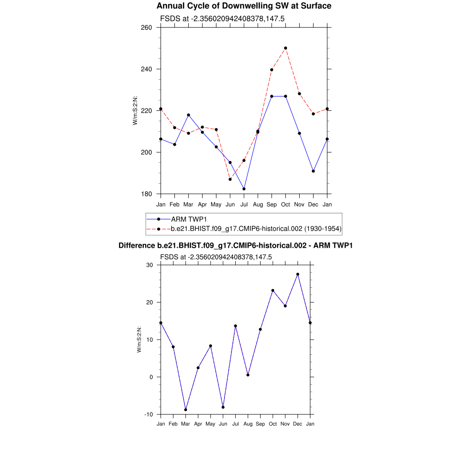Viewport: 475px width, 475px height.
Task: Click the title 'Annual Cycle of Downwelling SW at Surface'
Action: (244, 6)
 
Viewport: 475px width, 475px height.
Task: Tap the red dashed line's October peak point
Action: (285, 48)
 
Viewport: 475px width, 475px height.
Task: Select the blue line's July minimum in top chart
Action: (244, 189)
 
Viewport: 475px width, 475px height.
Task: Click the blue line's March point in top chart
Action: (188, 115)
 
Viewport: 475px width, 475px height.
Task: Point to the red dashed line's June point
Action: (230, 179)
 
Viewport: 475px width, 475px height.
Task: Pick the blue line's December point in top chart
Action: (313, 171)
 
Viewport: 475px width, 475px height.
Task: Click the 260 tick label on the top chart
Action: (147, 27)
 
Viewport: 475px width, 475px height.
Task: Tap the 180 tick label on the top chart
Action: (147, 194)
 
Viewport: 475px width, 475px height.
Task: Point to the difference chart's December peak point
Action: (298, 274)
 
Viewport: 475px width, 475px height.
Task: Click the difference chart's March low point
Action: (186, 410)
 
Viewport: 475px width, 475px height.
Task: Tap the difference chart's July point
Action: (236, 326)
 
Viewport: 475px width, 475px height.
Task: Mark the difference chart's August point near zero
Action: (248, 375)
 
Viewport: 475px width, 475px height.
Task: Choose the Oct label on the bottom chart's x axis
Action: (273, 424)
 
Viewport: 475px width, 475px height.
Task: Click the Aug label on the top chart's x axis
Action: (258, 204)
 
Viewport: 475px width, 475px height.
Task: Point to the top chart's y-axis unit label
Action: (135, 110)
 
